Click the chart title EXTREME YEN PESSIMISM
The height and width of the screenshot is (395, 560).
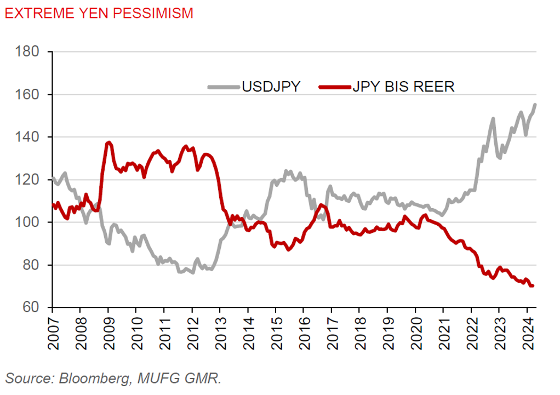99,13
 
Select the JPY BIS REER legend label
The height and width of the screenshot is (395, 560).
403,86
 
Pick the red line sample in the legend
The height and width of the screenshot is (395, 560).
335,87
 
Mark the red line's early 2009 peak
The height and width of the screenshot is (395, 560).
108,142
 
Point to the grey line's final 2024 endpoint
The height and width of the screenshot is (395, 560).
535,105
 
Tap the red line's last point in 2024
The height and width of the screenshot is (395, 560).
533,285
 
